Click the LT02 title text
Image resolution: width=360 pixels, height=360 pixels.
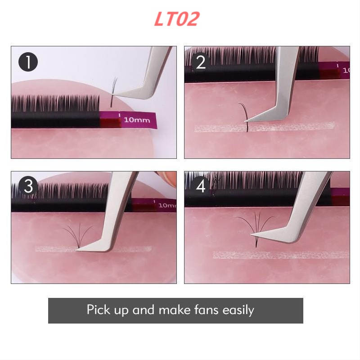pos(176,19)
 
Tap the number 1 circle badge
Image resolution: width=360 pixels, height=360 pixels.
pos(28,62)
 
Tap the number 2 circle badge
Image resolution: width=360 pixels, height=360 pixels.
pos(201,62)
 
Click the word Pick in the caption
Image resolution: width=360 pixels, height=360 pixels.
pos(98,310)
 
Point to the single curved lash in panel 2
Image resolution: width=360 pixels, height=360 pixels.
pos(245,116)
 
